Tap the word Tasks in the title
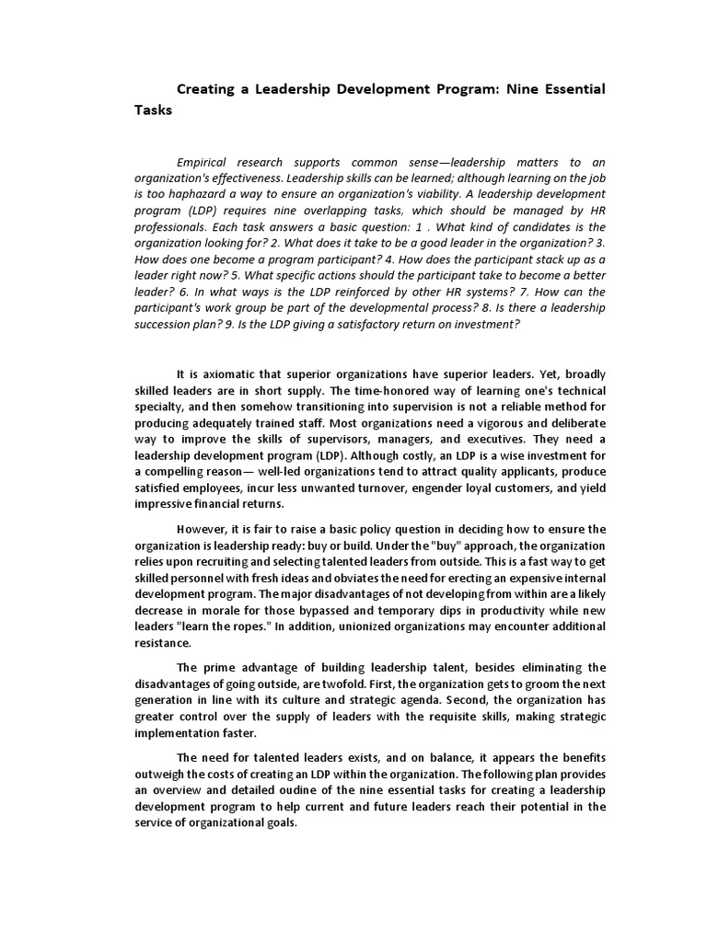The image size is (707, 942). (x=153, y=110)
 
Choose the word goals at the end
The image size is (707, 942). (x=276, y=822)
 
